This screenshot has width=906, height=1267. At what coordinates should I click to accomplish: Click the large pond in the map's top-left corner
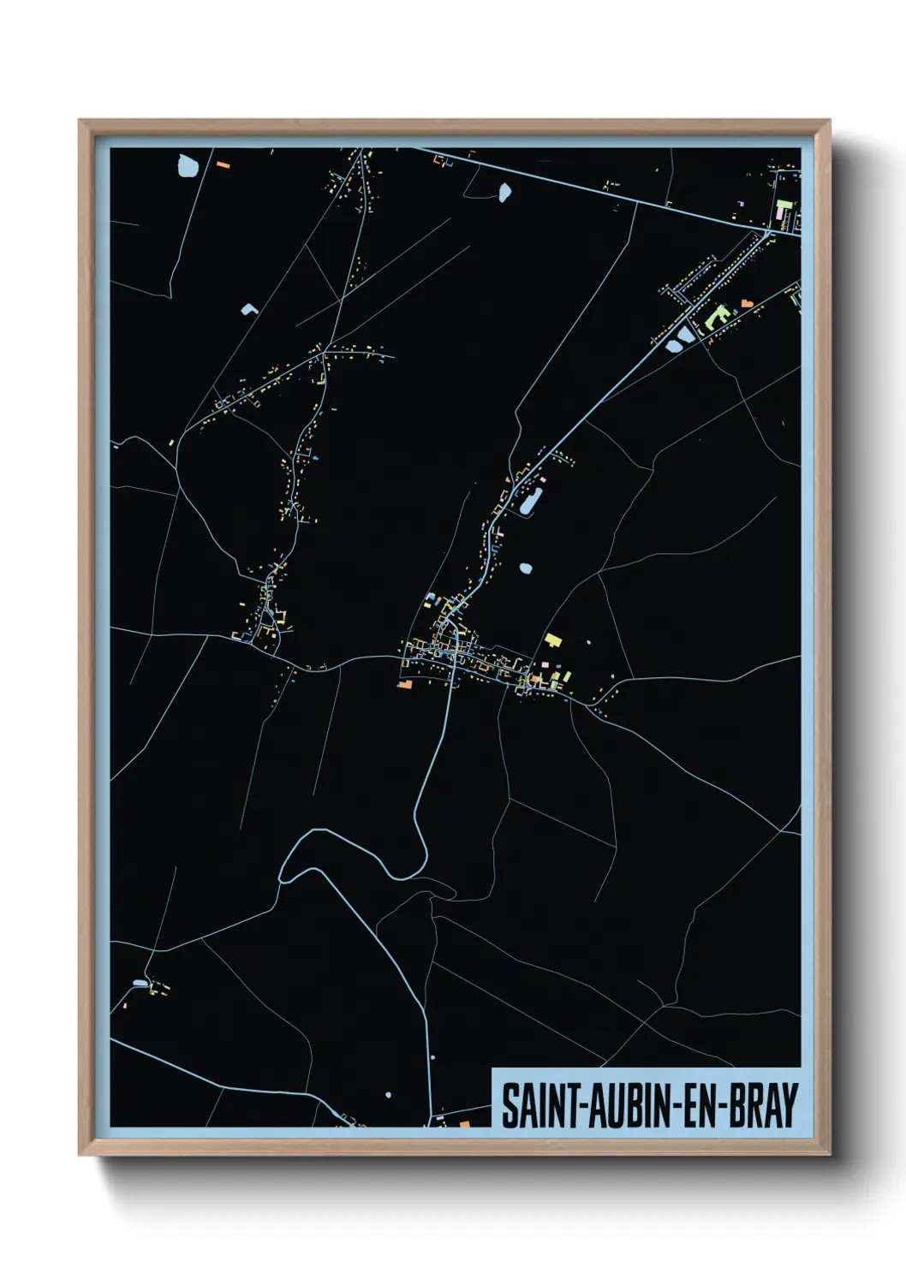click(188, 165)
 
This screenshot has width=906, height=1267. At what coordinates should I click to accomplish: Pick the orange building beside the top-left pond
click(223, 164)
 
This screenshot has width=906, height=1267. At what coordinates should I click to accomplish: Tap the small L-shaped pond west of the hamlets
click(249, 309)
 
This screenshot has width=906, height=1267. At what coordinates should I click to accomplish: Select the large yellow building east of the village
click(553, 639)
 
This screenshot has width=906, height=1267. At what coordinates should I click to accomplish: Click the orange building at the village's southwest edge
click(404, 684)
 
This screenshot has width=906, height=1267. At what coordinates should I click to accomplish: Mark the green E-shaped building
click(718, 317)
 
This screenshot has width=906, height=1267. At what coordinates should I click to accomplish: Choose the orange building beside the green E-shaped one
click(746, 303)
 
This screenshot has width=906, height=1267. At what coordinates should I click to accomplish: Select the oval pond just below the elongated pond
click(525, 568)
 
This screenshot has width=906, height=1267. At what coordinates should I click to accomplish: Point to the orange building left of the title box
click(465, 1123)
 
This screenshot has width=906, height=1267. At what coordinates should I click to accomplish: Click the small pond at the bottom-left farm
click(140, 983)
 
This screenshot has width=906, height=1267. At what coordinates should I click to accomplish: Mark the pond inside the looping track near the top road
click(504, 193)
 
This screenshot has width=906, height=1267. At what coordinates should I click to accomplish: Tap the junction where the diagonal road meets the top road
click(769, 229)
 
